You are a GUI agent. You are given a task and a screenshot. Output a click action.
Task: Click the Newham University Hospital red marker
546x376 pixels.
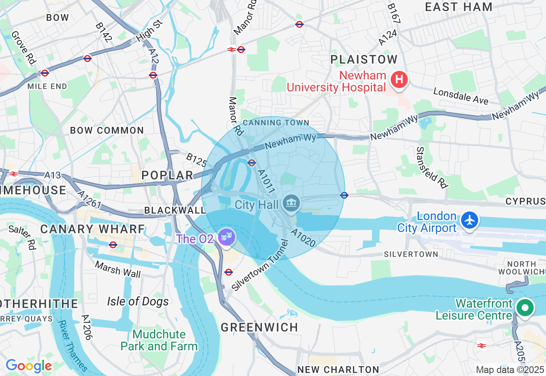point(399,80)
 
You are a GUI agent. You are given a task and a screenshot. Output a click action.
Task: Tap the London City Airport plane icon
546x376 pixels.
point(470,220)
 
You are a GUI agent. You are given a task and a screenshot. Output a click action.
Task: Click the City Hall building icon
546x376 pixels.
point(291,203)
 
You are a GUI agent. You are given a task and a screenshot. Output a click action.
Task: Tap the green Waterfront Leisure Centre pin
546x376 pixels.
point(525,308)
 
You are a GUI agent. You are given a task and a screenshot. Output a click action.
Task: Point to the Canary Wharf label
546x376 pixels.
point(93,229)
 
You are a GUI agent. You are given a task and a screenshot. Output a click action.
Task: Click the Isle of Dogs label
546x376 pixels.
point(138,301)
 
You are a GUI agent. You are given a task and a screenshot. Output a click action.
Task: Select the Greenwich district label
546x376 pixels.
point(259,327)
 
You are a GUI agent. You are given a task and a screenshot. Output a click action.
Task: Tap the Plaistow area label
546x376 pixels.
point(364,59)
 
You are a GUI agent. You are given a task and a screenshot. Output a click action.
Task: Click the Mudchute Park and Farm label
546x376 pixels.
point(159,340)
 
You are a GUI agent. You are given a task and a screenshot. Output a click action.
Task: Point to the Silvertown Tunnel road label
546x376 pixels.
point(260,266)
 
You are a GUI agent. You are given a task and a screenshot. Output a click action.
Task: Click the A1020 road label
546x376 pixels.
point(303,238)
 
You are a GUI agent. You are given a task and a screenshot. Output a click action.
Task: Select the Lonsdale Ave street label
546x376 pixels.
point(461,96)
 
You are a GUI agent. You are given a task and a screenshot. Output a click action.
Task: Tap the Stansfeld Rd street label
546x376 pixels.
point(432,167)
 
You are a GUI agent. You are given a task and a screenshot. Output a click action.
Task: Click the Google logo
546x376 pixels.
point(29,366)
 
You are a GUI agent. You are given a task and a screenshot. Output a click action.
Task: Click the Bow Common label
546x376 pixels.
point(107,130)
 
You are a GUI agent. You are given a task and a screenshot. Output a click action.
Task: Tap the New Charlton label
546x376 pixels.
point(338,369)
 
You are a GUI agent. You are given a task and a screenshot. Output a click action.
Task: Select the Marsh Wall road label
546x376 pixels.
point(118,269)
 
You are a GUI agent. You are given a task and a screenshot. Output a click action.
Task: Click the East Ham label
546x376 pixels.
point(459,7)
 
